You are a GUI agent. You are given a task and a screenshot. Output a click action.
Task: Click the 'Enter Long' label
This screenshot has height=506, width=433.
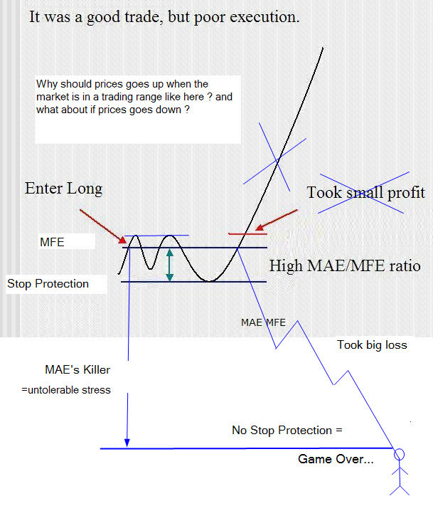coord(63,189)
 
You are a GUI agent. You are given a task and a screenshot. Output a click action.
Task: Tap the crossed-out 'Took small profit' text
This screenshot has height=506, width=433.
coord(366,193)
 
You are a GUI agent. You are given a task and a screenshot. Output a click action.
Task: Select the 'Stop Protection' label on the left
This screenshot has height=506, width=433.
coord(48,284)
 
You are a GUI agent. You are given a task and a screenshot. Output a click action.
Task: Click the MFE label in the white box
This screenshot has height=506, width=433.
coord(52,242)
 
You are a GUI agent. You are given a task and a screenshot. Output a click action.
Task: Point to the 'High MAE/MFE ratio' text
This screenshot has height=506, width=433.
coord(345,266)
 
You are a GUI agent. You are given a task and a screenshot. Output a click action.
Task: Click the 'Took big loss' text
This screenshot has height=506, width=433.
coord(372,345)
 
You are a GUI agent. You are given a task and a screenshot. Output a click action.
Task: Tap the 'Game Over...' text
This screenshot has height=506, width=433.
coord(336,459)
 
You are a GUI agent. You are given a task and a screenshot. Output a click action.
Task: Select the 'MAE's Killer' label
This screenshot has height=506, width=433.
coord(77,369)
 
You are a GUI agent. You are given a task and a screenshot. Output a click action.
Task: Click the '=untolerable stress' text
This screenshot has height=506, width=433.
coord(66,390)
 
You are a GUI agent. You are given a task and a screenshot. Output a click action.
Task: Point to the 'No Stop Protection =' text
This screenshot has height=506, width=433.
coord(287,430)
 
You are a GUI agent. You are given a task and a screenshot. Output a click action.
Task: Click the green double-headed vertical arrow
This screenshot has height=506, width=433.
coord(170,265)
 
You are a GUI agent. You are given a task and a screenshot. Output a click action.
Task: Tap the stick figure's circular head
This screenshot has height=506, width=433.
coord(399,454)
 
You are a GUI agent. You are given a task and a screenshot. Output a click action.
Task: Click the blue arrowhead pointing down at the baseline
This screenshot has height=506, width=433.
coord(127,443)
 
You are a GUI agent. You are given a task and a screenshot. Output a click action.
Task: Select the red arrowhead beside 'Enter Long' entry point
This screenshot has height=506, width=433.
coord(122,240)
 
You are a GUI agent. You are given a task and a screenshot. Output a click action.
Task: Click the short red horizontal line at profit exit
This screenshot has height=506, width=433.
coord(247,233)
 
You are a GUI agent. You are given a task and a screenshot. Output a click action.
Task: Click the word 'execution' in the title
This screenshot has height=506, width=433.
coord(264,17)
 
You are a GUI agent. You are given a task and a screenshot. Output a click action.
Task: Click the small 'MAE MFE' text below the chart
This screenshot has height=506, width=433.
coord(263,322)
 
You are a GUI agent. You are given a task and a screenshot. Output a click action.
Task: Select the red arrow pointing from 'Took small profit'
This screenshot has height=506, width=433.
coord(277,220)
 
